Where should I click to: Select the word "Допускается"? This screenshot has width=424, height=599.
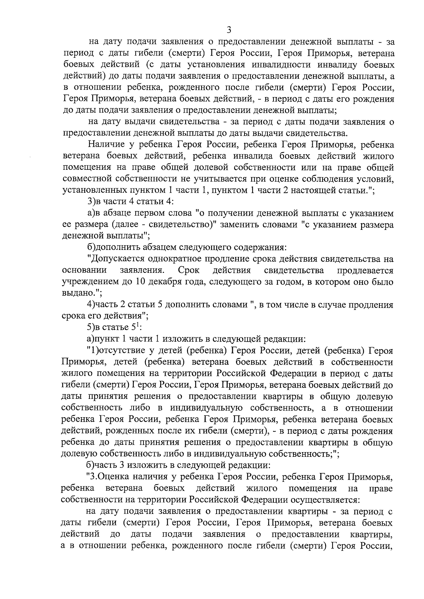(x=116, y=259)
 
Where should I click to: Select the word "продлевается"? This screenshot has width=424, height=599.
(x=365, y=270)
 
